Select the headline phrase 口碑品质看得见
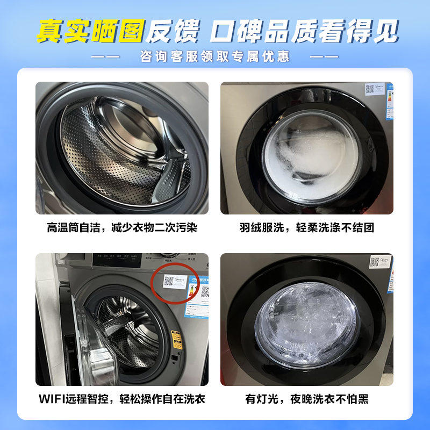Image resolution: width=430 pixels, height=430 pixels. (304, 31)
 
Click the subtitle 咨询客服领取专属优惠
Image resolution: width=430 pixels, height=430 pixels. (214, 56)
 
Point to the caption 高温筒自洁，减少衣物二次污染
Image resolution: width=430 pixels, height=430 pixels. (121, 228)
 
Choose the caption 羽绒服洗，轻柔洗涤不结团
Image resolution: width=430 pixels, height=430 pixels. (307, 228)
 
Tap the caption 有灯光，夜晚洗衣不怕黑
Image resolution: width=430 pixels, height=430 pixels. (307, 399)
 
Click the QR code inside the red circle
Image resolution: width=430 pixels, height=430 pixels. (169, 281)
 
